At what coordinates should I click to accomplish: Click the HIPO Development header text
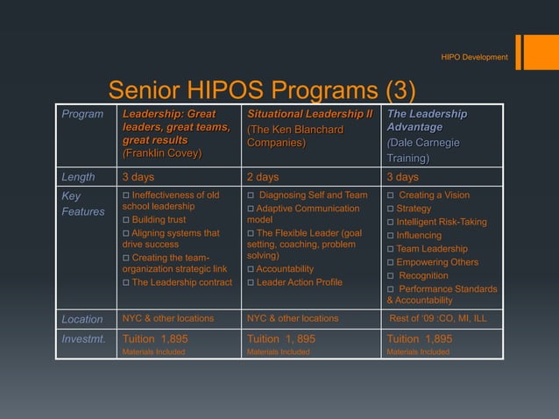pos(474,57)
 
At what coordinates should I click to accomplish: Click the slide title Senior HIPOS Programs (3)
pos(261,91)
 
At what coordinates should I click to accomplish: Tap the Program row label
pos(81,115)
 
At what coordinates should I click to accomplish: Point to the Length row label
pos(78,177)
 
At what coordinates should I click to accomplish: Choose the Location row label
pos(82,319)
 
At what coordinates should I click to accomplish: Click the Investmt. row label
pos(82,338)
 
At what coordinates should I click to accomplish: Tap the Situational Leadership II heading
pos(309,115)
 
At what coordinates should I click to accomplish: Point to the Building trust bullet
pos(159,220)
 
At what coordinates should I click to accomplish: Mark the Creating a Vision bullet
pos(433,195)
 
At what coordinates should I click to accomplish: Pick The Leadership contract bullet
pos(181,282)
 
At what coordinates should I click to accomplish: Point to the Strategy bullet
pos(414,209)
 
